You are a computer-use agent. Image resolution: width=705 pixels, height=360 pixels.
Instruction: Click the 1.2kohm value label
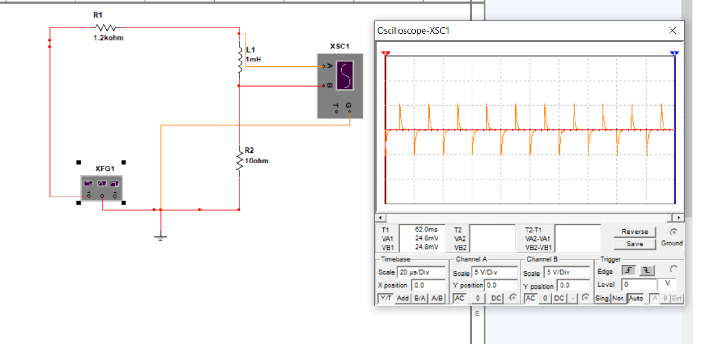coord(109,38)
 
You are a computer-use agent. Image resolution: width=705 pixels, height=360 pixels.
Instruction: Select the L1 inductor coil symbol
coord(240,60)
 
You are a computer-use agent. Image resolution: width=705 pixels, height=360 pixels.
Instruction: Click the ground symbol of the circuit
coord(160,237)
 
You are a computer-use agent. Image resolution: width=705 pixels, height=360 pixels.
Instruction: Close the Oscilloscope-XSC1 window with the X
coord(672,31)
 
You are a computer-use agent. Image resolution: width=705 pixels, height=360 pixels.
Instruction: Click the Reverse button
coord(634,231)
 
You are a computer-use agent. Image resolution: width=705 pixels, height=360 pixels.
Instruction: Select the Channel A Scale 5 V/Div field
coord(494,273)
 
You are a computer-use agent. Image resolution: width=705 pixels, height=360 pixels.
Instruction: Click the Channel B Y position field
coord(574,285)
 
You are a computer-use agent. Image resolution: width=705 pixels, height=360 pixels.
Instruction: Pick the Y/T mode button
coord(385,298)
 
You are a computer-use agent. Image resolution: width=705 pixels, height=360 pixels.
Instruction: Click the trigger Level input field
coord(639,284)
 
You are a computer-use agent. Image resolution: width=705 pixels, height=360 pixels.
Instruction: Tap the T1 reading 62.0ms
coord(426,230)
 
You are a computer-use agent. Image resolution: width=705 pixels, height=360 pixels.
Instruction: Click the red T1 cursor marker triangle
coord(386,54)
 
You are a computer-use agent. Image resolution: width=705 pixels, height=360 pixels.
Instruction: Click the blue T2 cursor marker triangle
coord(674,54)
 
